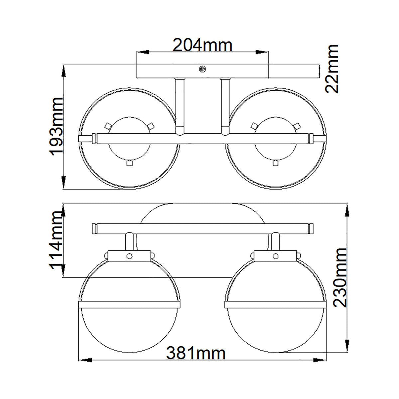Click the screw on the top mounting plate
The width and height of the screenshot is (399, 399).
pos(202,69)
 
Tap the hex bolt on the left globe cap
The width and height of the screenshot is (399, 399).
pos(129,256)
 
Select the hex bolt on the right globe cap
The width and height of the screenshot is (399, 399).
pos(276,256)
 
